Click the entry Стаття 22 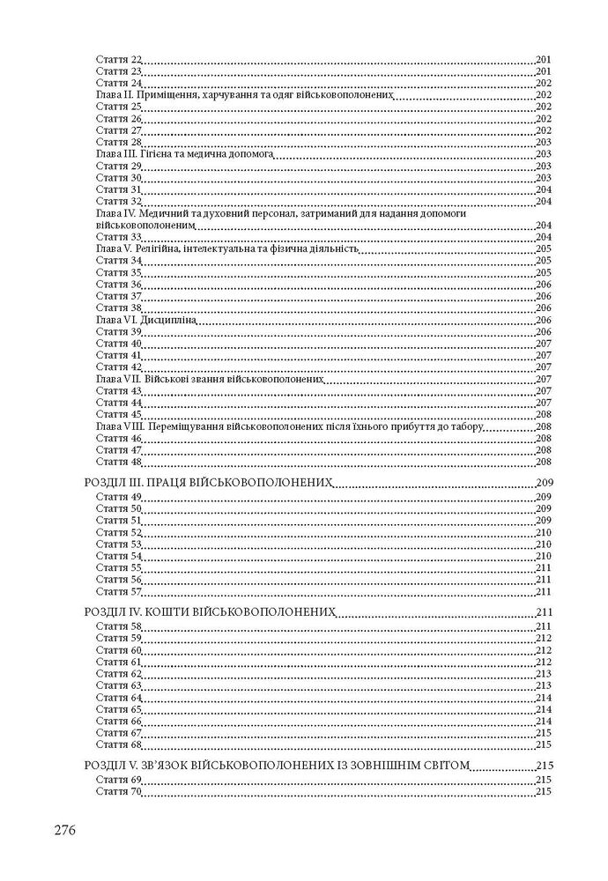pyautogui.click(x=118, y=58)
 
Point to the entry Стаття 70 pyautogui.click(x=118, y=792)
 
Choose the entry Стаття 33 pyautogui.click(x=118, y=237)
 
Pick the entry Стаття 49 pyautogui.click(x=118, y=497)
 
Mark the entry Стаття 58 pyautogui.click(x=118, y=626)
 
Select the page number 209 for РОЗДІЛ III pyautogui.click(x=544, y=483)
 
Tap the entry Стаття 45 pyautogui.click(x=118, y=414)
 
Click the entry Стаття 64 pyautogui.click(x=118, y=697)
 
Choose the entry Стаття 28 pyautogui.click(x=118, y=142)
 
